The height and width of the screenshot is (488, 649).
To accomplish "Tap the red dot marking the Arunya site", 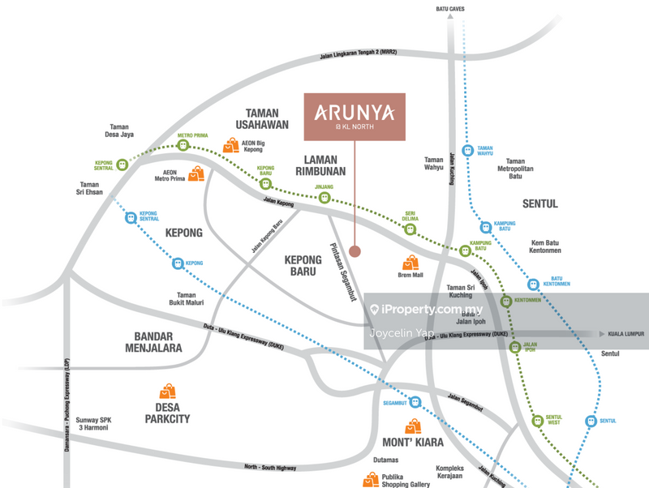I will tap(355, 251).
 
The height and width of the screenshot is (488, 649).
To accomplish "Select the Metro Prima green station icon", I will tap(184, 146).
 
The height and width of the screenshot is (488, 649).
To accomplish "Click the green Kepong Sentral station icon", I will tap(122, 165).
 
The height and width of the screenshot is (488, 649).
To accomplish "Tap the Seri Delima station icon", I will tap(410, 229).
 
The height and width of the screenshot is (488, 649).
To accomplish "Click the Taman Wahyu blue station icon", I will tap(468, 151).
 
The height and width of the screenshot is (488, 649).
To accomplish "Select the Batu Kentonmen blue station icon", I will tap(533, 284).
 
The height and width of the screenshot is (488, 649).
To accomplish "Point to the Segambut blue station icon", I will tap(415, 402).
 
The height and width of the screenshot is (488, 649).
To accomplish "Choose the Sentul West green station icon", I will tap(537, 422).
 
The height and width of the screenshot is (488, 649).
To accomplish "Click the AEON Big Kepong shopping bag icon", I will tap(231, 146).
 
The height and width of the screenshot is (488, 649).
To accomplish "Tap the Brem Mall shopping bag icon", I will tap(410, 263).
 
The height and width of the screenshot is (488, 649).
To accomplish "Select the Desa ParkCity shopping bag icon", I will tap(168, 392).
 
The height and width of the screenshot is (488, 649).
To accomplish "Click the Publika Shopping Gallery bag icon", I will tap(370, 480).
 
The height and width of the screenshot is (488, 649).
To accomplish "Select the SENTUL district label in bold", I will tap(539, 203).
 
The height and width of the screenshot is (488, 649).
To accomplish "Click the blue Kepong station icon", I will tap(178, 263).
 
